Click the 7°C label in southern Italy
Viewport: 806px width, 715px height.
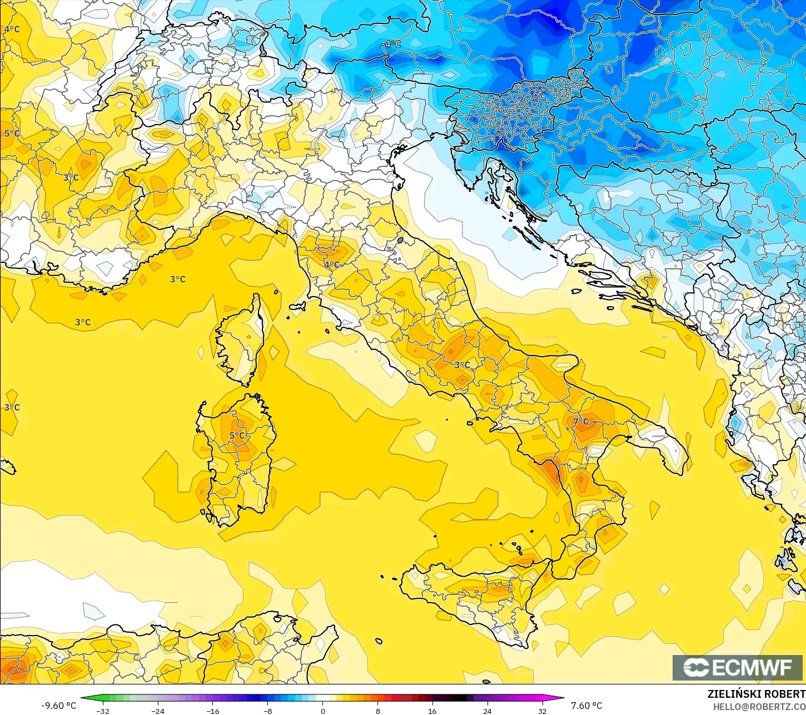pos(580,422)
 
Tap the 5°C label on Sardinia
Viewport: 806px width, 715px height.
pos(237,436)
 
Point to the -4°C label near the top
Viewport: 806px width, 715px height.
pos(392,44)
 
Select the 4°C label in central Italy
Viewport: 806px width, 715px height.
pos(332,265)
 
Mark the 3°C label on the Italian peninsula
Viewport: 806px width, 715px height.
pos(462,365)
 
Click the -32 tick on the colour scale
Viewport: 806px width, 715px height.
pos(103,711)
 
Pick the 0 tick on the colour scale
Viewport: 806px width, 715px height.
pos(322,711)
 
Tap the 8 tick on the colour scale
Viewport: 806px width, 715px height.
pos(377,711)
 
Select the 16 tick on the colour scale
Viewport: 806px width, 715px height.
pos(432,711)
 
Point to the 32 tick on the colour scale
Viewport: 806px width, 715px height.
pos(542,711)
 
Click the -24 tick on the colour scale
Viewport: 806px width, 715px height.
pos(158,711)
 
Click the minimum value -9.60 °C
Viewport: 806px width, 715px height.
pos(58,706)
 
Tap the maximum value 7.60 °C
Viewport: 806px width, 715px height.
pos(586,706)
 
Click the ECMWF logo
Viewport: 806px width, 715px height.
pos(738,668)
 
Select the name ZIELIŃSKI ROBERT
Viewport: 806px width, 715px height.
pos(756,694)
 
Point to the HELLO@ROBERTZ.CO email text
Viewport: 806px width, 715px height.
pos(759,706)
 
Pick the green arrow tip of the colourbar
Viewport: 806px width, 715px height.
pos(85,698)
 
